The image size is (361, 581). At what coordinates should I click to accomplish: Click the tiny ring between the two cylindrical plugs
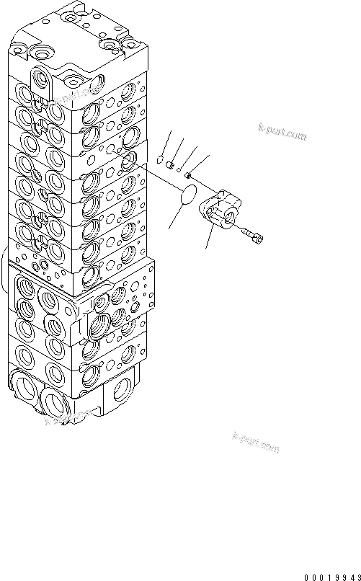[179, 170]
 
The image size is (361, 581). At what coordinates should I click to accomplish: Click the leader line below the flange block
[210, 237]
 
